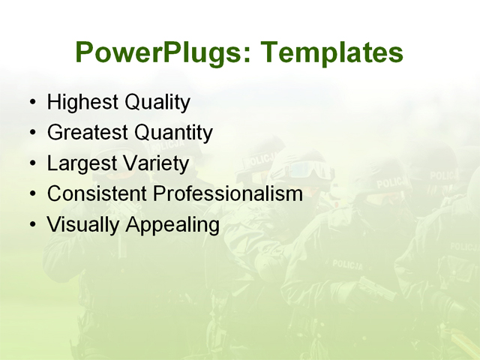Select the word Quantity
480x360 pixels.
click(x=173, y=133)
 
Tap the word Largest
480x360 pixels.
click(x=81, y=163)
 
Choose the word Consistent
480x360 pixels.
click(x=97, y=193)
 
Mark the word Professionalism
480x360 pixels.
click(x=228, y=193)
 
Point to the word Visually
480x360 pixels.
click(x=83, y=224)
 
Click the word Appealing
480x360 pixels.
click(x=172, y=225)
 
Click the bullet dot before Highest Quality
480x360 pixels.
click(x=31, y=103)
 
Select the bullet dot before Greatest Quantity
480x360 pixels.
click(x=31, y=133)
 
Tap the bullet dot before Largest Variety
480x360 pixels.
click(x=31, y=163)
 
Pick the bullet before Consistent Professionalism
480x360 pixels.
click(x=31, y=194)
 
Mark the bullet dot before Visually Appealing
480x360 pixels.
click(x=31, y=224)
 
